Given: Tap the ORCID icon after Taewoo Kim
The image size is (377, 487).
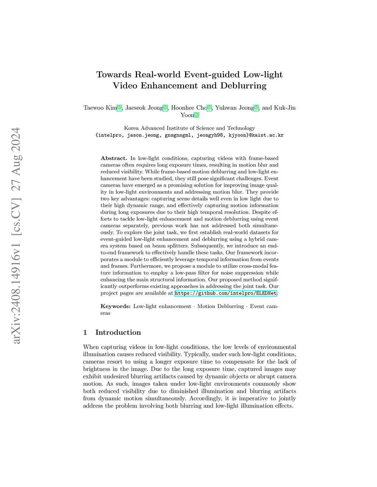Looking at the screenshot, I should point(119,108).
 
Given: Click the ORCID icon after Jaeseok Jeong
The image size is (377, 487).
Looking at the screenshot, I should point(165,108).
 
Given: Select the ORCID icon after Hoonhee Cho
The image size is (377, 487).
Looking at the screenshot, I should point(209,108).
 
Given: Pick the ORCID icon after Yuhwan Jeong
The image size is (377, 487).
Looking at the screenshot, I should point(256,108).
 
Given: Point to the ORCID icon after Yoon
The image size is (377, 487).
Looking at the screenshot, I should point(197,115).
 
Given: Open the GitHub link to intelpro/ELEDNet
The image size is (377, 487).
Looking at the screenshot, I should point(226,293).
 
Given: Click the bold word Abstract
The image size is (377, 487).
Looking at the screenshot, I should point(114,158).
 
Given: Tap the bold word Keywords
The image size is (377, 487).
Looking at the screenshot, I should point(115,307).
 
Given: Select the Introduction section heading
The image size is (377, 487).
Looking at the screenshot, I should point(118,333).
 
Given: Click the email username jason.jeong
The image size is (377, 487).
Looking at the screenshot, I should point(144,135).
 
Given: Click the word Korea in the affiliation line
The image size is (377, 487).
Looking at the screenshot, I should point(131,128).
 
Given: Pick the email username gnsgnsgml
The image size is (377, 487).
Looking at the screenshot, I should point(178,135).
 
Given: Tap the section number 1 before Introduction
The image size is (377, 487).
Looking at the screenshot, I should point(85,333).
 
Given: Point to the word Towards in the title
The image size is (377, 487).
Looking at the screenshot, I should point(114,75).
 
